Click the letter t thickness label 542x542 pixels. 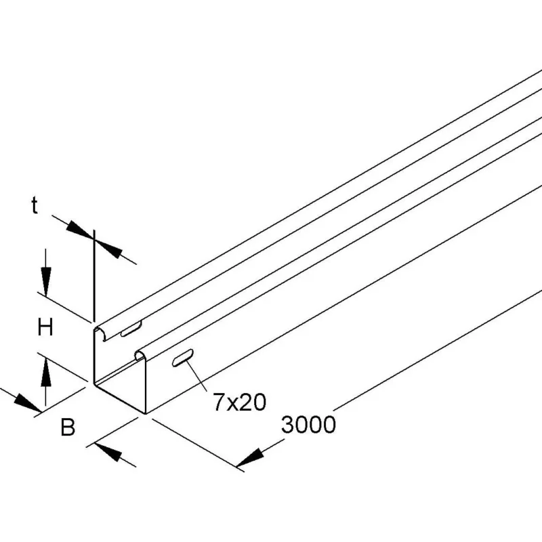(x=35, y=205)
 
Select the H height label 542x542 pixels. (x=45, y=327)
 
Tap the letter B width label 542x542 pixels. (x=68, y=427)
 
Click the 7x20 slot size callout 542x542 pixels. (x=240, y=402)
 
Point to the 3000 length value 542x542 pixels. (x=308, y=424)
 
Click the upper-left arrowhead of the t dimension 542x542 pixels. (x=80, y=230)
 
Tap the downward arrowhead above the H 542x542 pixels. (x=45, y=281)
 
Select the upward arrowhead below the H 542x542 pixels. (x=45, y=372)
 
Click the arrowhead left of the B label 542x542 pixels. (x=27, y=403)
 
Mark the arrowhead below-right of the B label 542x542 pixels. (x=108, y=451)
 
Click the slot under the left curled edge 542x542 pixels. (x=131, y=329)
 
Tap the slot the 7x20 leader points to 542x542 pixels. (x=182, y=358)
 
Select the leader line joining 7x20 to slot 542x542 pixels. (x=196, y=376)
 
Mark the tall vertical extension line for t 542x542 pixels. (x=93, y=275)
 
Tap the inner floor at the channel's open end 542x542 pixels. (x=119, y=387)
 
